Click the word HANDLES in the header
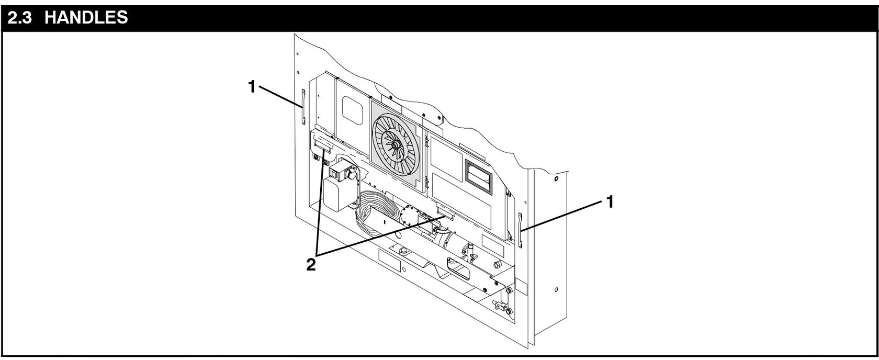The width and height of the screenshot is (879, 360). pos(86,17)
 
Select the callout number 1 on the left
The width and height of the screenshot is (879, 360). pos(252,87)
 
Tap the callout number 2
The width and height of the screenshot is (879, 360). pos(311,265)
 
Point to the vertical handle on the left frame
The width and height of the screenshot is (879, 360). pos(302,108)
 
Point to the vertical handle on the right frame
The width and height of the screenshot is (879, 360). pos(520,230)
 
